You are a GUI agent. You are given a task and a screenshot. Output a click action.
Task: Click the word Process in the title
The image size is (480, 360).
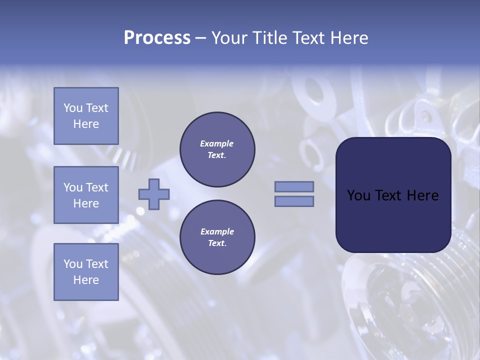157,38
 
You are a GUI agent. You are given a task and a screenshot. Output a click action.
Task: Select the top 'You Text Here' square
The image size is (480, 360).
86,116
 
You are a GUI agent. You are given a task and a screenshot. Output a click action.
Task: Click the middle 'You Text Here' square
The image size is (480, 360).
86,195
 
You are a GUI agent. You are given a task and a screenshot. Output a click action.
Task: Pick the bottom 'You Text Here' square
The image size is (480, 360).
86,272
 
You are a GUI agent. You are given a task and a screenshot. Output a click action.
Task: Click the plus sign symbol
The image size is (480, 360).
154,194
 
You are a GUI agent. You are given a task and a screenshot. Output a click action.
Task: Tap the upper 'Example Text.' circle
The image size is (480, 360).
217,149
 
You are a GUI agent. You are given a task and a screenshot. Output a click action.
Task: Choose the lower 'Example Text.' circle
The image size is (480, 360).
217,237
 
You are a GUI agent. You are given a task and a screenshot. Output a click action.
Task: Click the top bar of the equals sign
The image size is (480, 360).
294,186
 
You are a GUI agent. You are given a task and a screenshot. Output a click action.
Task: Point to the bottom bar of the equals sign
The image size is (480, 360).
294,201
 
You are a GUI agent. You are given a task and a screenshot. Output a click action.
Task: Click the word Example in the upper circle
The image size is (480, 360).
216,143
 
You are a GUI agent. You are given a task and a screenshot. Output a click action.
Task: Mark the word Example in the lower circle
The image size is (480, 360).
217,231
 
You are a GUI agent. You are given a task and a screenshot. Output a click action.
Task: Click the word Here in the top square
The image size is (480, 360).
86,124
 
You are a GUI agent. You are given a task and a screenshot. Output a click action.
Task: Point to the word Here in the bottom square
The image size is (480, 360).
86,280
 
